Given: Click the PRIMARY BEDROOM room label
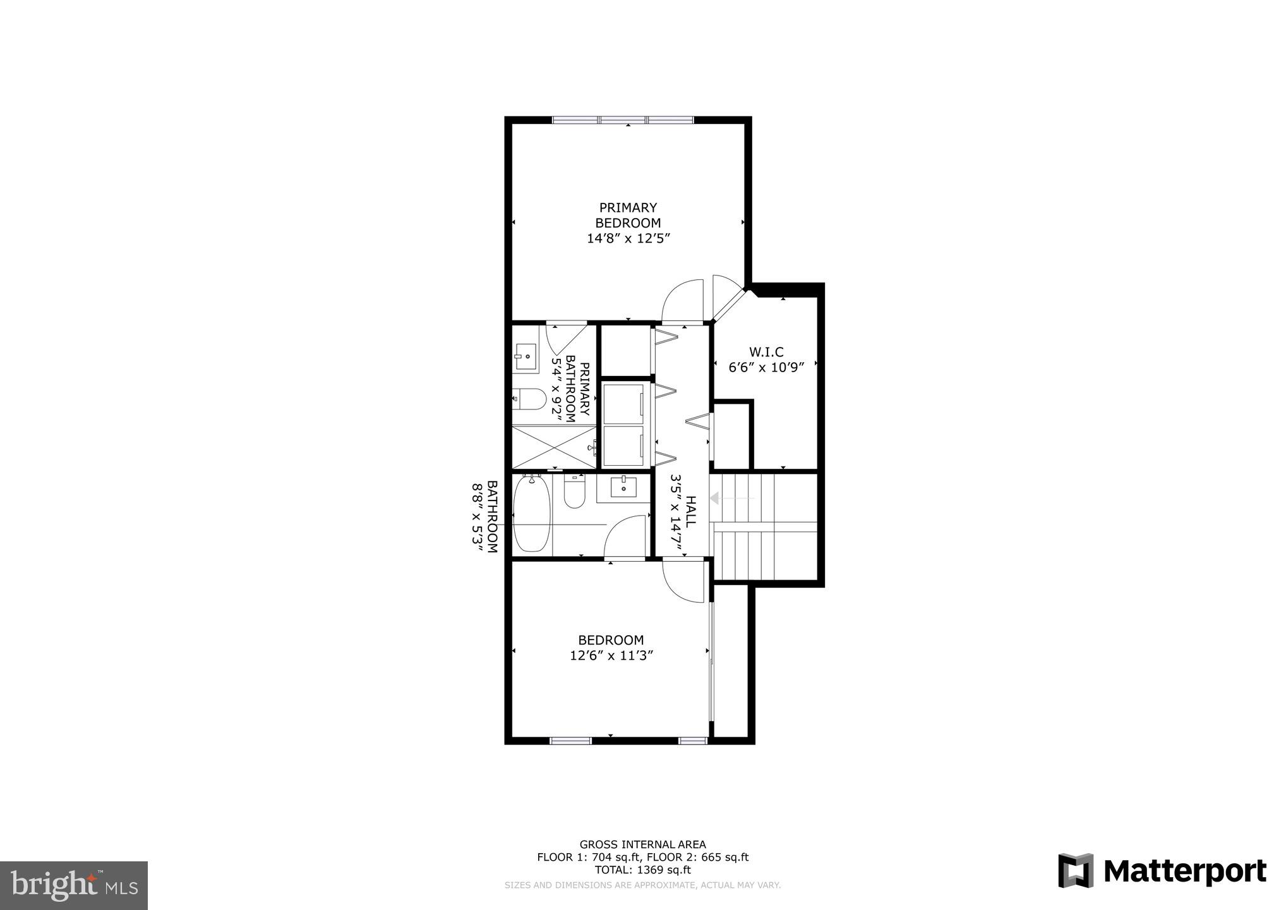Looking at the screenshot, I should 628,215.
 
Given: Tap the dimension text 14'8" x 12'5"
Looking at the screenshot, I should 628,239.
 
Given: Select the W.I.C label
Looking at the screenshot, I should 766,352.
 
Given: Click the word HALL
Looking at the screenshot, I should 690,512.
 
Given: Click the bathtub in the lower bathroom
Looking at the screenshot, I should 532,514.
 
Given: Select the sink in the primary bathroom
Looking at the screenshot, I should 524,356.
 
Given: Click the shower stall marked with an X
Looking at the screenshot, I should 553,447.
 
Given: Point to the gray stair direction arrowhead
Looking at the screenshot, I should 715,499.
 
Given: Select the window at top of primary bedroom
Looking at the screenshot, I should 623,119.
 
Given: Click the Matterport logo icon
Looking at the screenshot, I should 1076,870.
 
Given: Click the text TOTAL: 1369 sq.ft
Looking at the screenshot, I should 643,870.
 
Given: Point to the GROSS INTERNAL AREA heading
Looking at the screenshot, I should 643,844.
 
